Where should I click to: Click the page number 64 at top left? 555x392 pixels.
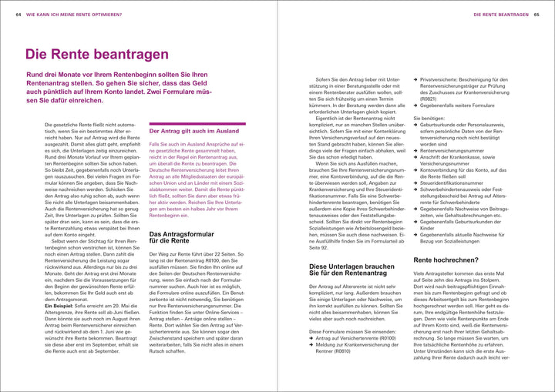pos(18,15)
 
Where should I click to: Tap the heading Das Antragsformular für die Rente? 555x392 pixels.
pos(180,238)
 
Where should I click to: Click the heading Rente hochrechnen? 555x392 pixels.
pos(446,261)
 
